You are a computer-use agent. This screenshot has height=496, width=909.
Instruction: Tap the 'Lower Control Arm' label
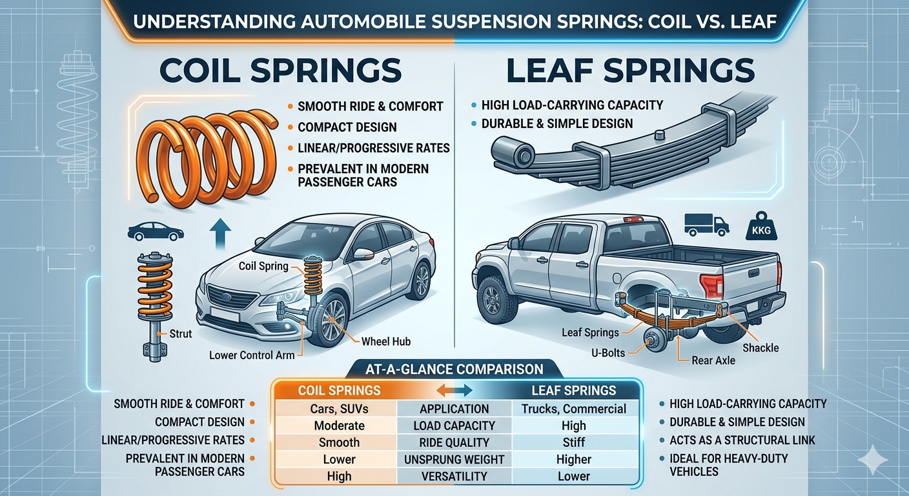point(252,355)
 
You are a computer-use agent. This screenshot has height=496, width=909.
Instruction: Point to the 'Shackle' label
point(761,348)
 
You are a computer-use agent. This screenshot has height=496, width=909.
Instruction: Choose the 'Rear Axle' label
point(713,360)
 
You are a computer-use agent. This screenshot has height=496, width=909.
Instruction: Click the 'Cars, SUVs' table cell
point(339,409)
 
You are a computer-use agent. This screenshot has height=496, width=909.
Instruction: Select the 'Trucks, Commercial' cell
point(573,409)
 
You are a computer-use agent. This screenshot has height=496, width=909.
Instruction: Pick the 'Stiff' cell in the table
point(573,442)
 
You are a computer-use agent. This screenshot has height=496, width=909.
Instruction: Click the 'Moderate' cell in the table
point(339,426)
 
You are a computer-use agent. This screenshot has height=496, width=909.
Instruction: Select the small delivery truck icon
point(706,224)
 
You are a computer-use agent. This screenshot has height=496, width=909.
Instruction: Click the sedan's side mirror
point(363,254)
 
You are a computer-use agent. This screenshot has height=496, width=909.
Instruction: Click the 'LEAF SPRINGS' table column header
point(573,390)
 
